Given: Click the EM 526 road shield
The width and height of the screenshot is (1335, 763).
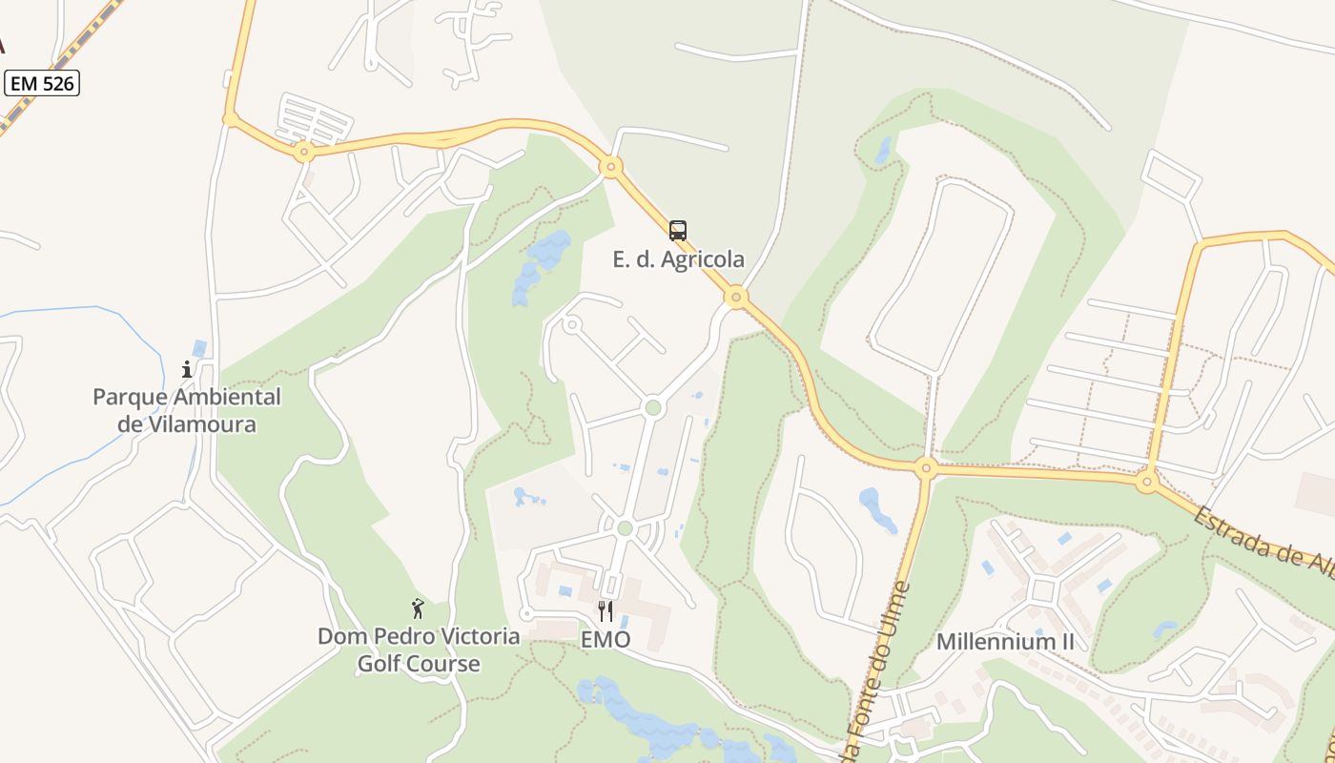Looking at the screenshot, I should pyautogui.click(x=42, y=84).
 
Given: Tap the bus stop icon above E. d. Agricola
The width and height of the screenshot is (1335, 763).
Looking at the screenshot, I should pyautogui.click(x=677, y=231).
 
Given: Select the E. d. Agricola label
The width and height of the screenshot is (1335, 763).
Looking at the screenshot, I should pyautogui.click(x=678, y=259).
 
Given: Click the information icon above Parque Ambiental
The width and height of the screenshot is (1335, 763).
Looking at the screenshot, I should pyautogui.click(x=187, y=369).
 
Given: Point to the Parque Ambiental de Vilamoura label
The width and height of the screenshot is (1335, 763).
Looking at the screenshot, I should pyautogui.click(x=187, y=410).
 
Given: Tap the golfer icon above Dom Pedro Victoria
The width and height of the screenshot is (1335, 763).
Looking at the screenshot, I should pyautogui.click(x=417, y=608).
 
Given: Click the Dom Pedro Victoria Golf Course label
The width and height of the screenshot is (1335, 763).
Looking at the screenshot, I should pyautogui.click(x=419, y=650).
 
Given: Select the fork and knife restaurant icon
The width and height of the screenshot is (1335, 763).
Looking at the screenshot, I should pyautogui.click(x=606, y=611).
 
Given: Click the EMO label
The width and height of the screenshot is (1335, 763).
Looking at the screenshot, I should pyautogui.click(x=606, y=640).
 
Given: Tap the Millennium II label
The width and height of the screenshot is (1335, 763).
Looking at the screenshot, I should pyautogui.click(x=1005, y=641).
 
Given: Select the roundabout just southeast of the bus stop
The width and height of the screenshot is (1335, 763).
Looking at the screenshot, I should pyautogui.click(x=735, y=298).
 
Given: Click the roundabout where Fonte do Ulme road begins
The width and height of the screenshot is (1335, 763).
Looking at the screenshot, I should pyautogui.click(x=925, y=467).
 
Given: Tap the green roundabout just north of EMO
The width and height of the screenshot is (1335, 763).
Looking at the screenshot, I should pyautogui.click(x=625, y=528).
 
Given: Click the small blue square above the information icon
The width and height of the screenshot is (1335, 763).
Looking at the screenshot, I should pyautogui.click(x=199, y=349).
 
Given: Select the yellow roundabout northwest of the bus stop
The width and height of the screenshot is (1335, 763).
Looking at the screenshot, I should pyautogui.click(x=611, y=168).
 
